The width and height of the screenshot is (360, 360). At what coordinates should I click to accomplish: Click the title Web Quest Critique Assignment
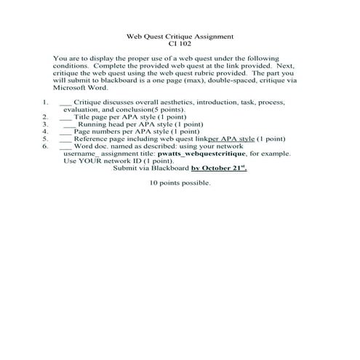coord(180,35)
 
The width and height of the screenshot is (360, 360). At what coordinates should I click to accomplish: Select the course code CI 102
coord(180,43)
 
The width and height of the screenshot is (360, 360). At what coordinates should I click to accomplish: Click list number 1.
coord(45,103)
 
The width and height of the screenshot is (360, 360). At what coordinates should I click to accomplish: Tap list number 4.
coord(45,132)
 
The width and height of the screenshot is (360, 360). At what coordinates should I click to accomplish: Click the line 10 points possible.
coord(180,183)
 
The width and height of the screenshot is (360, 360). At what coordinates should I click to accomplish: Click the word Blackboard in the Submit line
coord(169,168)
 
